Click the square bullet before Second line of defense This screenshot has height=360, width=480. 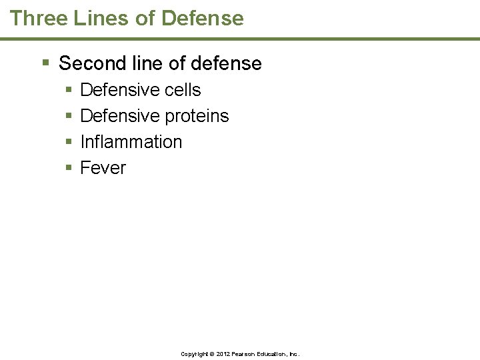[45, 63]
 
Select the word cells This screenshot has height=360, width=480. [180, 90]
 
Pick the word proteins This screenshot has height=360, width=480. [197, 116]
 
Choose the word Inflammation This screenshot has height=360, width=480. [131, 142]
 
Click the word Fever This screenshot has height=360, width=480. [103, 168]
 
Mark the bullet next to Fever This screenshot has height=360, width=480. [69, 168]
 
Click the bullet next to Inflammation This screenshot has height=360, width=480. [69, 142]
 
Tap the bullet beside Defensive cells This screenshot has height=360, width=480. [69, 90]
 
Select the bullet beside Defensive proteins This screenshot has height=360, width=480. [69, 116]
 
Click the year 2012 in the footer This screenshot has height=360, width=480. [223, 354]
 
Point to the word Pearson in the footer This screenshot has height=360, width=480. [243, 354]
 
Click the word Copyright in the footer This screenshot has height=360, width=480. [194, 354]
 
